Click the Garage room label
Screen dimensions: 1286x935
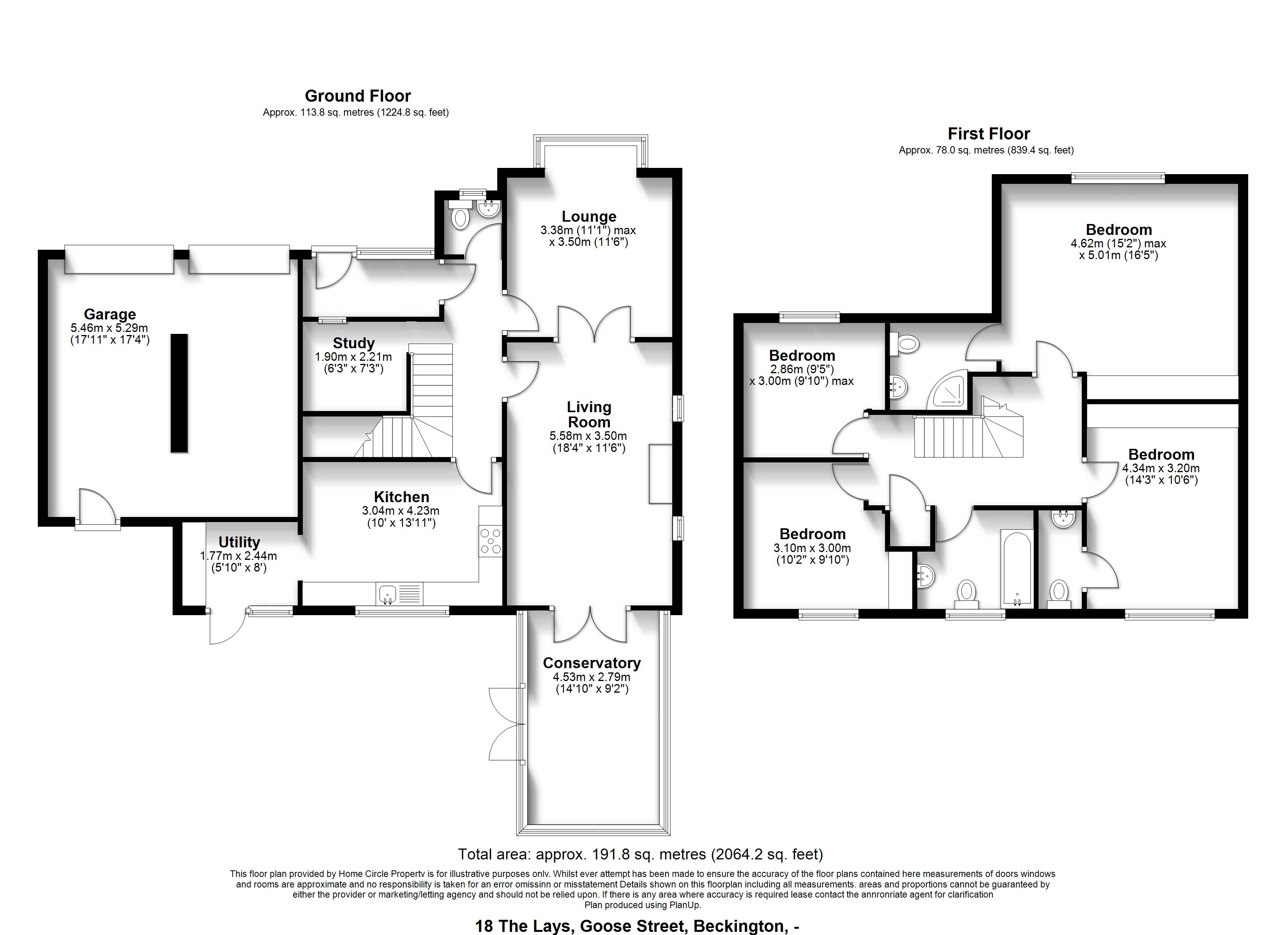click(110, 314)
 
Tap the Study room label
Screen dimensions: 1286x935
click(354, 343)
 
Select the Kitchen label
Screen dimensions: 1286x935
click(401, 497)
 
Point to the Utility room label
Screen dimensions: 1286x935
click(239, 542)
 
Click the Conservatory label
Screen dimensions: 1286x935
click(592, 663)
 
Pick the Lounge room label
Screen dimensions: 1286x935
click(589, 217)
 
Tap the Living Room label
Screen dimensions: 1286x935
click(589, 415)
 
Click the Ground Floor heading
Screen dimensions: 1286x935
click(358, 96)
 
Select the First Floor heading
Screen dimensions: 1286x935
click(989, 134)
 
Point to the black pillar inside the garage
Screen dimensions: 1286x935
click(179, 393)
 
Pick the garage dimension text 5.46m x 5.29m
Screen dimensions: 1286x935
click(110, 328)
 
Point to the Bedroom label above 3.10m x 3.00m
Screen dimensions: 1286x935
click(813, 534)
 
